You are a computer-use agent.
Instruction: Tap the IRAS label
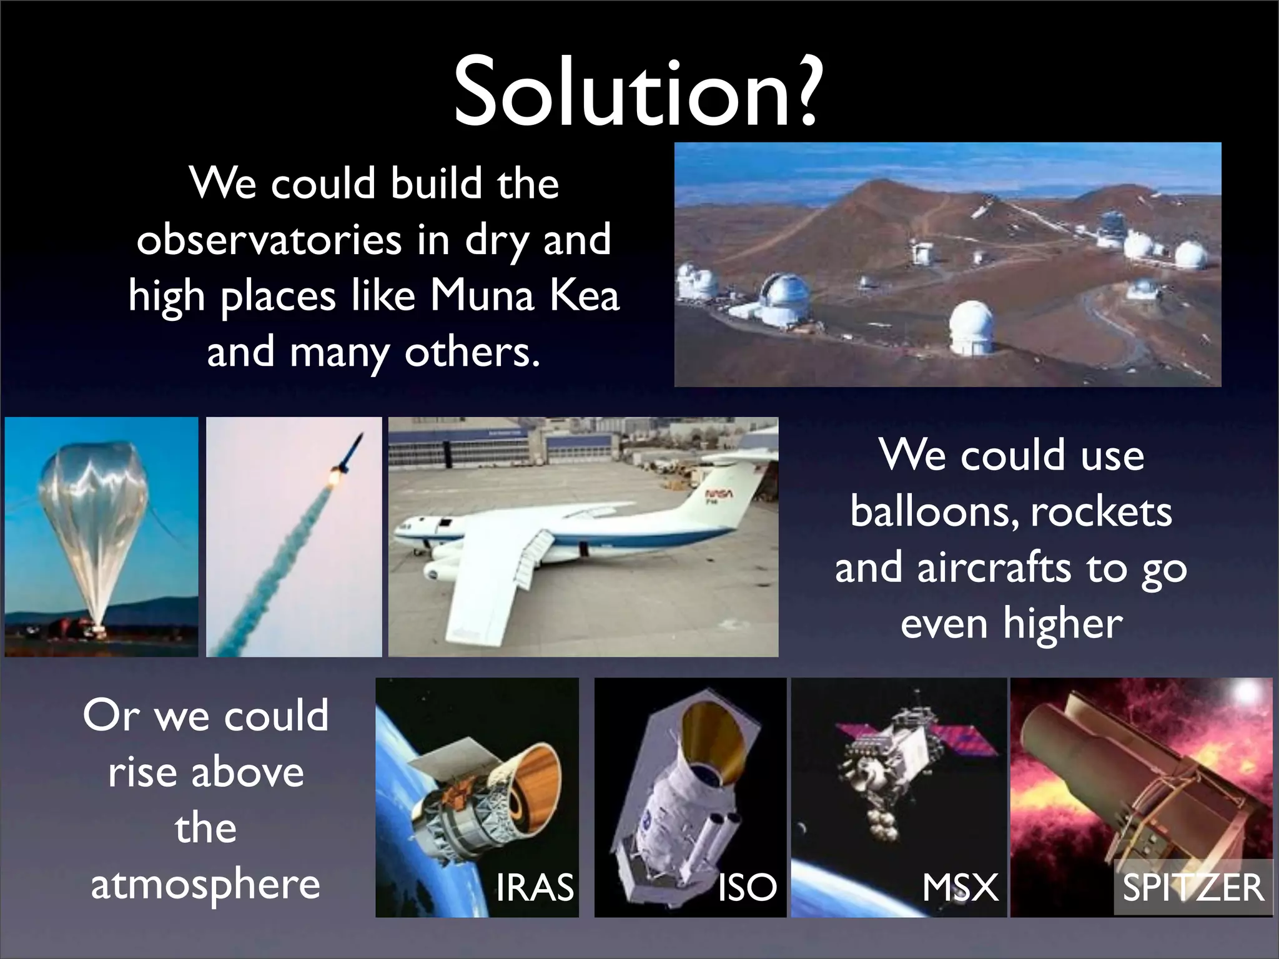[x=535, y=887]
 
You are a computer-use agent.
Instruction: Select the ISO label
[x=747, y=887]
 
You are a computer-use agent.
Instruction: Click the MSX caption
[x=960, y=887]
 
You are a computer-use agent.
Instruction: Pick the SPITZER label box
[x=1193, y=887]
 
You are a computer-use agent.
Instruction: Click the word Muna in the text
[x=481, y=295]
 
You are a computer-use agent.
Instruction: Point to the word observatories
[x=269, y=240]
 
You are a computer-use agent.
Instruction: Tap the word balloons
[x=934, y=513]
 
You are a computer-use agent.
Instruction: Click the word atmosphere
[x=205, y=885]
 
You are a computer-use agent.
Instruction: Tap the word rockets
[x=1101, y=513]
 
